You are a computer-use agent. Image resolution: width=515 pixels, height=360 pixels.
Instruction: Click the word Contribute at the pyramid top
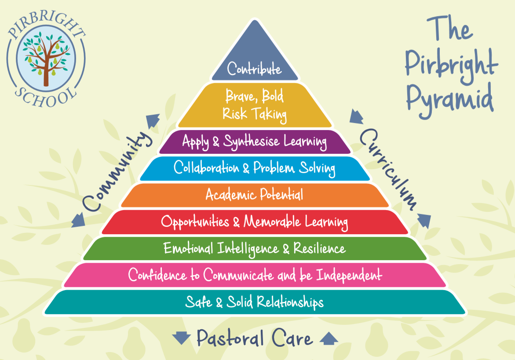(x=254, y=69)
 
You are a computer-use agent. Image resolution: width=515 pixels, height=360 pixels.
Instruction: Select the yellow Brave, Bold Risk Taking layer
(x=255, y=105)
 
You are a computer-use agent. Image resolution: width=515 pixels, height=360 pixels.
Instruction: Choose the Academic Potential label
(x=254, y=194)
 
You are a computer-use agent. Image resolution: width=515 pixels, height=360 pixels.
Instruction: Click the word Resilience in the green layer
(x=319, y=248)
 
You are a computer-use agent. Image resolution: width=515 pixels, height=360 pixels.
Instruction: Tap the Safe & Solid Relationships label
(x=255, y=302)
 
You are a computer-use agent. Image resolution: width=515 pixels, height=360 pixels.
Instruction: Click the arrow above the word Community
(x=153, y=119)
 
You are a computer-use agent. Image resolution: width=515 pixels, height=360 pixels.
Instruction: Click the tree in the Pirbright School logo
(x=45, y=57)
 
